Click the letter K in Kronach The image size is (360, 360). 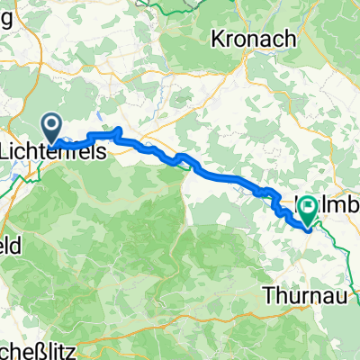[x=218, y=39]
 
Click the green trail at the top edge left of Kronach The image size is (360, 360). [x=180, y=4]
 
